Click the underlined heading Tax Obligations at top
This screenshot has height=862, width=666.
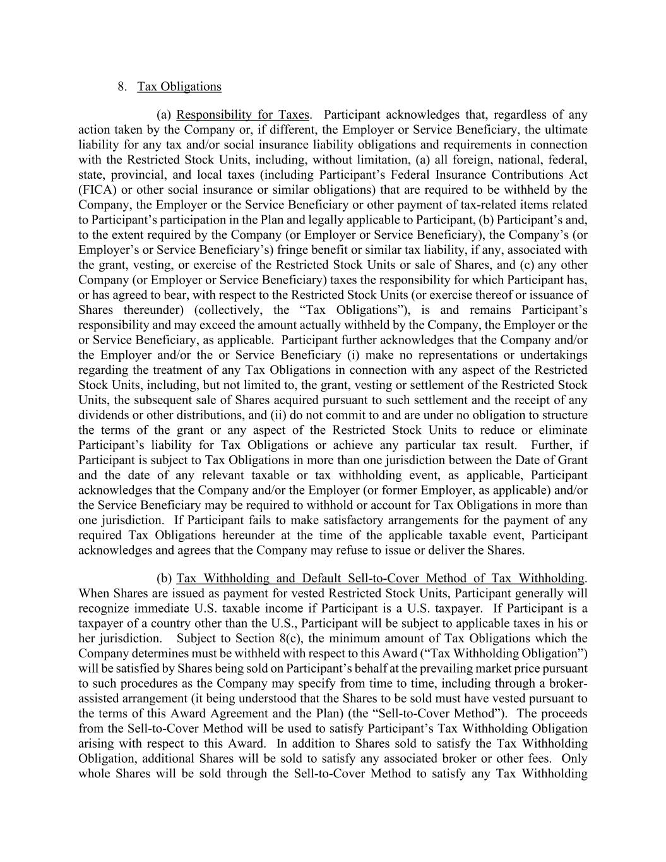click(x=179, y=87)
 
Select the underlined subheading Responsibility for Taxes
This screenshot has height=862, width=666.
click(x=243, y=115)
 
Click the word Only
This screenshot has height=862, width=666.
click(x=574, y=759)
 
